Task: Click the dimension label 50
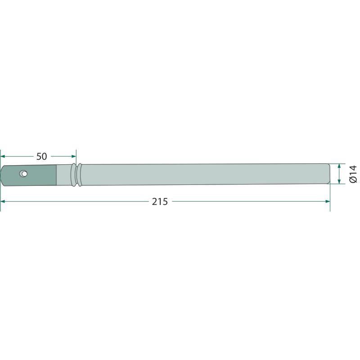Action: point(41,156)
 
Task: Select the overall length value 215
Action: point(160,202)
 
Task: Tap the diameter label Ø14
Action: point(353,174)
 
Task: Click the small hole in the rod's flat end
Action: point(23,174)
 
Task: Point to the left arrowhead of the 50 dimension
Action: point(3,156)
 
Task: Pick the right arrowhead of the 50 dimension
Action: point(74,156)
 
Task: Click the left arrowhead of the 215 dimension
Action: point(3,201)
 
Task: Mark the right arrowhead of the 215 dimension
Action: point(328,201)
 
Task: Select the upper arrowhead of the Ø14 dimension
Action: point(339,166)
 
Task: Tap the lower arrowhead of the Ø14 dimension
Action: point(339,181)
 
